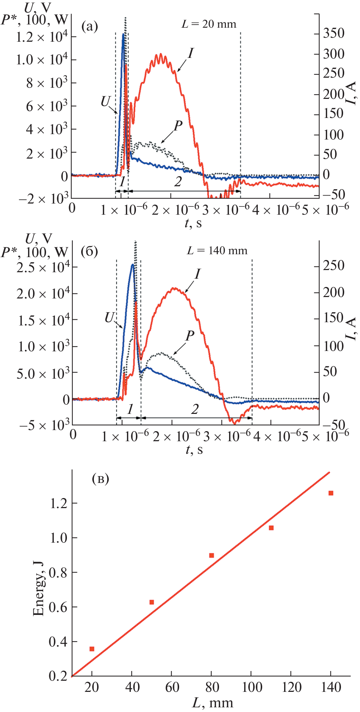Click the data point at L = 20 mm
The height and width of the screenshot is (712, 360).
tap(92, 649)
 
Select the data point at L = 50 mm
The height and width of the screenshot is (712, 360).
tap(152, 602)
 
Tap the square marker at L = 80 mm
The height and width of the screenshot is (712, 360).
tap(211, 555)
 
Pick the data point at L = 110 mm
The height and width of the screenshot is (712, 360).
tap(271, 528)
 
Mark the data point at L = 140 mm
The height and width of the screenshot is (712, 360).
tap(331, 493)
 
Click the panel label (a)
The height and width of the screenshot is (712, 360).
tap(90, 26)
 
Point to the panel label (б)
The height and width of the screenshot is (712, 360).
tap(90, 251)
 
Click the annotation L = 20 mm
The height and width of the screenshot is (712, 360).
tap(209, 24)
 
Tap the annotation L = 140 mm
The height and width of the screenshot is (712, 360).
tap(217, 250)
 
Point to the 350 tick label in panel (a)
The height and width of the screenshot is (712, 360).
tap(333, 33)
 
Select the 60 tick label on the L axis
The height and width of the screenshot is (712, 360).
tap(172, 687)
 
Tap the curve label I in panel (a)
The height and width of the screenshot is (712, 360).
tap(191, 54)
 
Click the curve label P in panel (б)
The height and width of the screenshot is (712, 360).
tap(190, 336)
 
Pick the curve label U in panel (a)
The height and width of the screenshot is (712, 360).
tap(105, 102)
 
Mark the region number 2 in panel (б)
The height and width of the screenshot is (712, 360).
tap(195, 409)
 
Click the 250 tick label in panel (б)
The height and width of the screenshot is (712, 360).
tap(333, 266)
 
